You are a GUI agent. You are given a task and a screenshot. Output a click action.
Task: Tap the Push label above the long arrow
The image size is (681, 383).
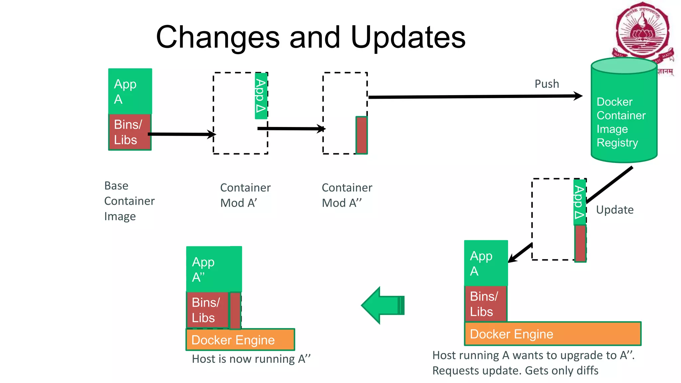tap(547, 84)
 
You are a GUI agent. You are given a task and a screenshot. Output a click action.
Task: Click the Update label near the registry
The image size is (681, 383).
tap(614, 210)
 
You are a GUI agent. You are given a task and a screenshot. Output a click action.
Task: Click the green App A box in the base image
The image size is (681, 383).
tap(130, 91)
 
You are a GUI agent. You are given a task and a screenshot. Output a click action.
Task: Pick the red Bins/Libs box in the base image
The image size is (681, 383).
tap(130, 132)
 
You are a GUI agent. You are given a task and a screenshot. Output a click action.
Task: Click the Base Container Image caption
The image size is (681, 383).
tap(129, 201)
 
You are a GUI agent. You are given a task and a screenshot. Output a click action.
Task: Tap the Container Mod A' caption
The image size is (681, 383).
tap(245, 195)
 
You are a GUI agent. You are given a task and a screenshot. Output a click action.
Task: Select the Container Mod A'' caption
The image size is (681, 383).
tap(346, 195)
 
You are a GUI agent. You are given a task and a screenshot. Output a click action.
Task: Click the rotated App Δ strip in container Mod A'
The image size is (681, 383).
tap(261, 96)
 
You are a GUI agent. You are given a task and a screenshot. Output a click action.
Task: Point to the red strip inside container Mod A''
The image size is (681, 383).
tap(361, 135)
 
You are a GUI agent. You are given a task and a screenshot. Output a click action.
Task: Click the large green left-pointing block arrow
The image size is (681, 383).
tap(382, 305)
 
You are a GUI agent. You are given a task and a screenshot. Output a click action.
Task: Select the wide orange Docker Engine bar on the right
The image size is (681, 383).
tap(552, 334)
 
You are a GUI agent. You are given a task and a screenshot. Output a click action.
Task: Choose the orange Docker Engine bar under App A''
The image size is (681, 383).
tap(240, 340)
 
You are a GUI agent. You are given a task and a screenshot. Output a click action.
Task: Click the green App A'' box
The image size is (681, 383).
tap(214, 269)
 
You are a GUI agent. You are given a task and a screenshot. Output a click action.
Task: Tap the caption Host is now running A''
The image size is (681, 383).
tap(251, 359)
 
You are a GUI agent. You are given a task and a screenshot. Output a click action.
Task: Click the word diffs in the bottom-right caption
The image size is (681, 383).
tap(587, 370)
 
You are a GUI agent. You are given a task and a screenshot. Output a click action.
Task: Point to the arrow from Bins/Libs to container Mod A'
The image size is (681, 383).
tap(181, 134)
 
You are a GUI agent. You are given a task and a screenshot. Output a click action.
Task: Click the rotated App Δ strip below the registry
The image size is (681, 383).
tap(580, 202)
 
